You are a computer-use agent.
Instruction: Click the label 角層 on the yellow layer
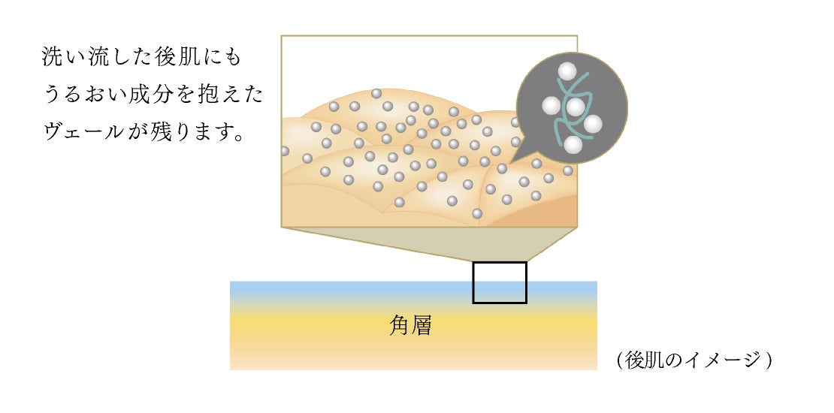point(411,324)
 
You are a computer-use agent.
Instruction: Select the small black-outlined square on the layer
point(499,282)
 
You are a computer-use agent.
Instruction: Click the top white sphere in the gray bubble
point(567,72)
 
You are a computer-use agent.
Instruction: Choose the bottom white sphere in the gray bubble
point(573,146)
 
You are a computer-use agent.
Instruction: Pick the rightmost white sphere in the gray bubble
point(593,125)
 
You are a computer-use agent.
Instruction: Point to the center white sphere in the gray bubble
point(575,107)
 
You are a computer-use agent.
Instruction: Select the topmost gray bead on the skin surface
point(376,94)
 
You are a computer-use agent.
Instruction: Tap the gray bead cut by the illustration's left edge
point(284,151)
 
